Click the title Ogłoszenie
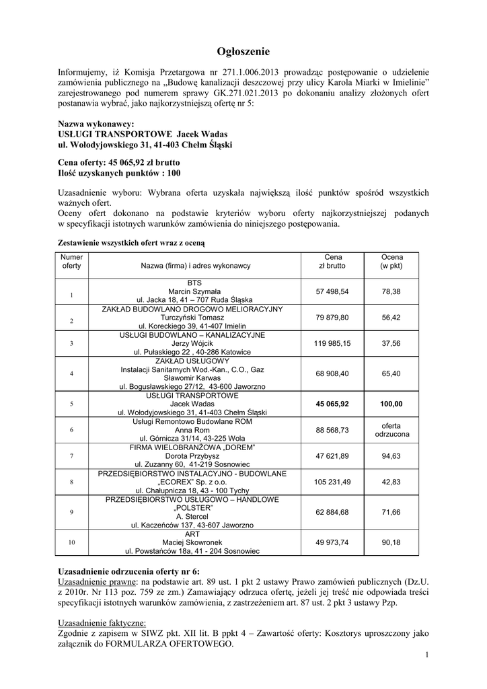[x=243, y=51]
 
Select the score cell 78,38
[x=391, y=291]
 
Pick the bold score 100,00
[x=391, y=404]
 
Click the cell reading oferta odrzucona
[x=391, y=430]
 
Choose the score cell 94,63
[x=391, y=456]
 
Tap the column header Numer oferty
[x=72, y=261]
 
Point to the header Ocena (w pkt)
[x=391, y=261]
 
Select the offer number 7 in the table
[x=71, y=456]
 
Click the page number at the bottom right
[x=427, y=655]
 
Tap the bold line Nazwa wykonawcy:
[x=96, y=124]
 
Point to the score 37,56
[x=391, y=343]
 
